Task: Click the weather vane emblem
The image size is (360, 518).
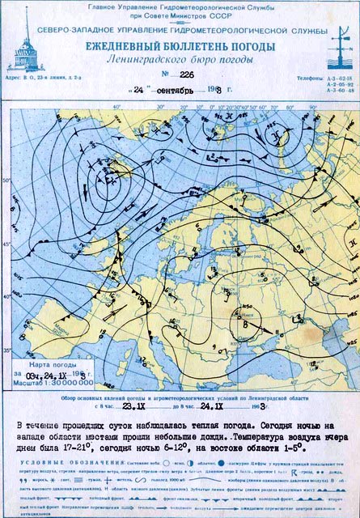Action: [x=337, y=46]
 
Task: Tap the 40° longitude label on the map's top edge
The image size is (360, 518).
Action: [x=116, y=106]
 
